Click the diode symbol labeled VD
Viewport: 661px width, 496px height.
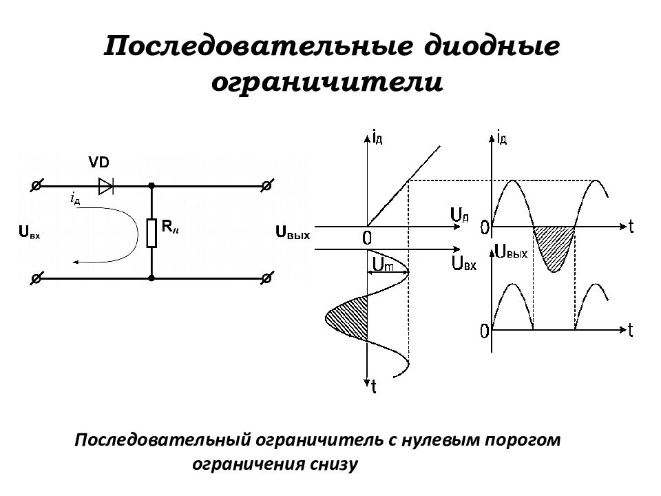106,186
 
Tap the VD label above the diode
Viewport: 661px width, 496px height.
99,162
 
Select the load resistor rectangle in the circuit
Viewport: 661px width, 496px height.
151,233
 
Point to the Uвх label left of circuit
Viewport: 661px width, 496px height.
30,232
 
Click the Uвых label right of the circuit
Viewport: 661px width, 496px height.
293,232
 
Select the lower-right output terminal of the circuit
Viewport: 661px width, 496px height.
266,278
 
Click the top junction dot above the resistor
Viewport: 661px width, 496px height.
151,185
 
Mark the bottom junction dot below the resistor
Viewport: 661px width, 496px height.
151,278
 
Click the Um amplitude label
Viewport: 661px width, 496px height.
384,265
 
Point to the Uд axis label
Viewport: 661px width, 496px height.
459,216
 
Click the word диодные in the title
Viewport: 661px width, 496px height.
492,46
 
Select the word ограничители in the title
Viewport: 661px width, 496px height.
327,82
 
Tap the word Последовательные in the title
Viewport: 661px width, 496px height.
258,46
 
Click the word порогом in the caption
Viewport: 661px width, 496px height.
523,440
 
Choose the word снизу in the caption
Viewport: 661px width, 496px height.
335,464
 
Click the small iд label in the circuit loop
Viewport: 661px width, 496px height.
75,198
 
